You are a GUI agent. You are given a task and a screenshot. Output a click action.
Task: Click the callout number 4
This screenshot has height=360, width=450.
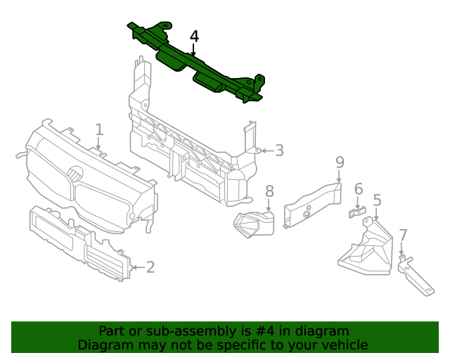194,37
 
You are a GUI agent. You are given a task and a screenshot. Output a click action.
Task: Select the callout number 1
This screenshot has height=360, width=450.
99,129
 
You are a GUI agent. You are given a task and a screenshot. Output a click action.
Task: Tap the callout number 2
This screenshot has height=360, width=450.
150,266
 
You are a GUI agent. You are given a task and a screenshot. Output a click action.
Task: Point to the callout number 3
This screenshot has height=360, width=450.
279,150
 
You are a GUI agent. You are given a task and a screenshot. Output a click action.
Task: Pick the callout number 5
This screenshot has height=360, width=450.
377,200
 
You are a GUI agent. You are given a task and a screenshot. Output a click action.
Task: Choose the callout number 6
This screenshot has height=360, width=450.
359,188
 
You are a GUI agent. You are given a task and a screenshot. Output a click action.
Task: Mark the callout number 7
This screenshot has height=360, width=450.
403,235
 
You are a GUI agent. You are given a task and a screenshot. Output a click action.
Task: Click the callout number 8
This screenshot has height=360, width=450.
269,191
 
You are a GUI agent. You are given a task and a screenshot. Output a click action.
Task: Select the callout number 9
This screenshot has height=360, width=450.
340,162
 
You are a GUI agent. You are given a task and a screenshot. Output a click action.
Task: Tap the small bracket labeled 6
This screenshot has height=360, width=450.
358,212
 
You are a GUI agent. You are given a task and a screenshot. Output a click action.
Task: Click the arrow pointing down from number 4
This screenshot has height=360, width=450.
194,51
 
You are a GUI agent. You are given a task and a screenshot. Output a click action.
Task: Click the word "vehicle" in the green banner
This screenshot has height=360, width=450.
344,345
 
